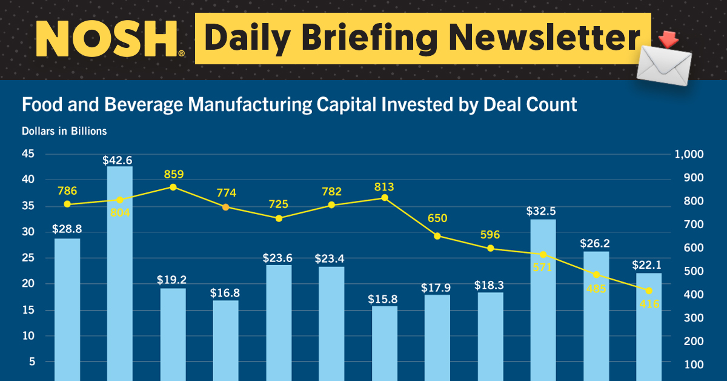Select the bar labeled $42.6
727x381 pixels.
point(120,273)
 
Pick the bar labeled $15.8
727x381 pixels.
point(385,343)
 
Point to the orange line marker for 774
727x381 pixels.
point(225,207)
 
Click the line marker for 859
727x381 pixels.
point(173,187)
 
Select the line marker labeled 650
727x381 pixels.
point(437,236)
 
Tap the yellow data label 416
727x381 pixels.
point(649,304)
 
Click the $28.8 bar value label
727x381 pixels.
point(67,229)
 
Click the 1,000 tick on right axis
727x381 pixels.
point(689,155)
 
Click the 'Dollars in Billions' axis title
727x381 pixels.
point(64,131)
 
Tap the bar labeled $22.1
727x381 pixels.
point(649,328)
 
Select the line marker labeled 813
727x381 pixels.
point(384,198)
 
